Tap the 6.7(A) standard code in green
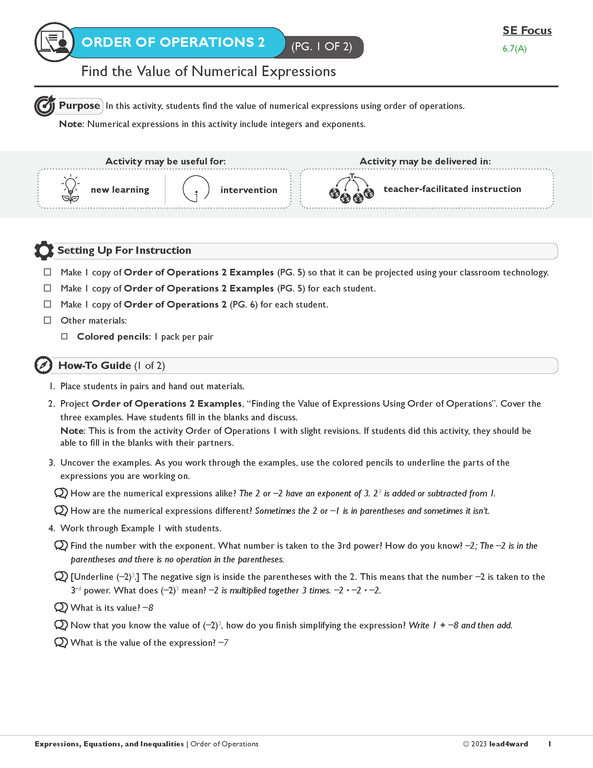pyautogui.click(x=514, y=49)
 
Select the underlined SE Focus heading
pyautogui.click(x=527, y=31)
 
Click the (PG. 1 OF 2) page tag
pyautogui.click(x=322, y=47)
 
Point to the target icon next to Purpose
pyautogui.click(x=45, y=105)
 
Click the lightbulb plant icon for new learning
pyautogui.click(x=70, y=189)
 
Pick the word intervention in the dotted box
pyautogui.click(x=249, y=190)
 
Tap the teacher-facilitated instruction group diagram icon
pyautogui.click(x=352, y=189)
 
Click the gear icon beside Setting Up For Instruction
pyautogui.click(x=44, y=250)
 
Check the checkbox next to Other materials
pyautogui.click(x=47, y=320)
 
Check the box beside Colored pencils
pyautogui.click(x=64, y=337)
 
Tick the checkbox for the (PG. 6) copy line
pyautogui.click(x=47, y=304)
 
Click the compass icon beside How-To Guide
pyautogui.click(x=44, y=365)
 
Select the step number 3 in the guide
pyautogui.click(x=52, y=463)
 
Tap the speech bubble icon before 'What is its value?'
pyautogui.click(x=61, y=608)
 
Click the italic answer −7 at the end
pyautogui.click(x=224, y=643)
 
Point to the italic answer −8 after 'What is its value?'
pyautogui.click(x=148, y=608)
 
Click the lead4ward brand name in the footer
pyautogui.click(x=508, y=744)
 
